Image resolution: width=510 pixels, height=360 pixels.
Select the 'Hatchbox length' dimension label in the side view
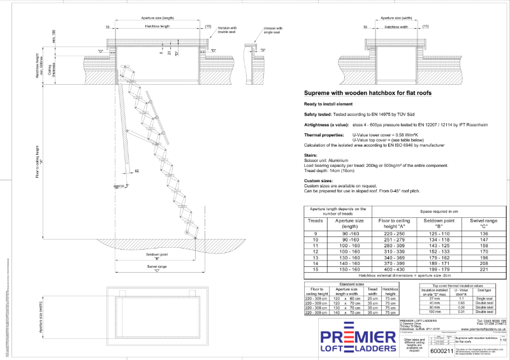(x=158, y=27)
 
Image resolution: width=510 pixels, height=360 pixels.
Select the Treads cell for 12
(x=316, y=252)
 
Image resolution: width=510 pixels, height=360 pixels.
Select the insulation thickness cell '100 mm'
(x=434, y=312)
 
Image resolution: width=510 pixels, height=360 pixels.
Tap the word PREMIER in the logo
(x=356, y=337)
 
